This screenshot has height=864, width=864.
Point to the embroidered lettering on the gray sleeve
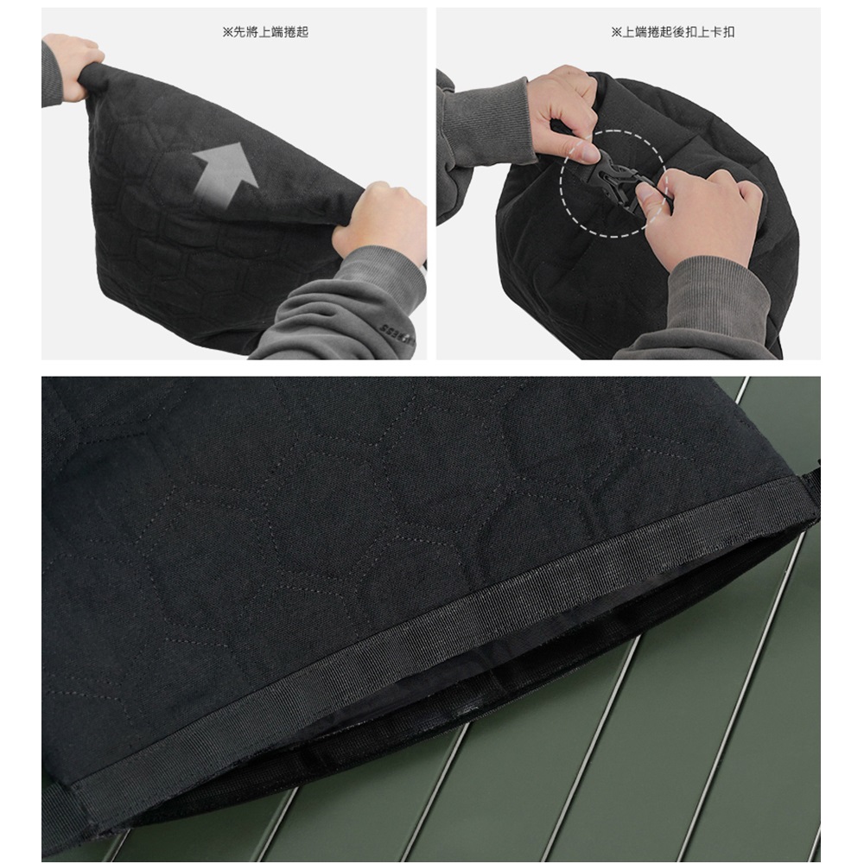point(396,332)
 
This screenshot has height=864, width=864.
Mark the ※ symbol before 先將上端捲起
point(227,32)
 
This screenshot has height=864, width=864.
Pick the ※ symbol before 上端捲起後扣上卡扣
point(616,32)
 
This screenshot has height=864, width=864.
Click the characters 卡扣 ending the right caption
point(722,32)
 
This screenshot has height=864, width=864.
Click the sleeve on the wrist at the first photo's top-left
point(51,75)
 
